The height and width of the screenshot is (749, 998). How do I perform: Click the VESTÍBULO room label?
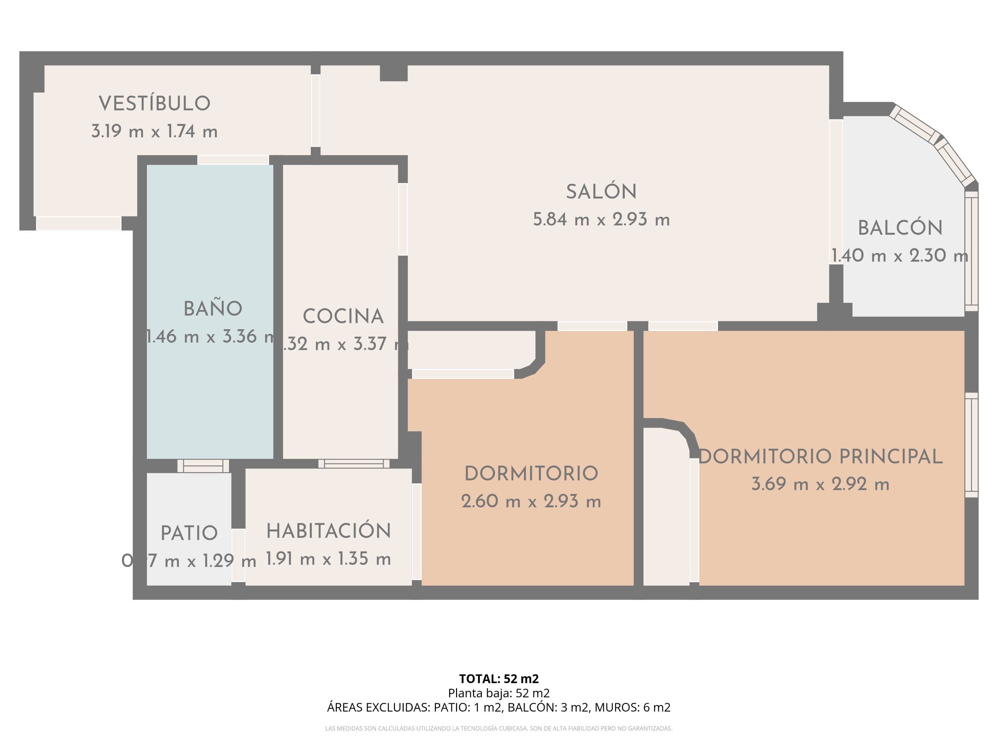point(154,103)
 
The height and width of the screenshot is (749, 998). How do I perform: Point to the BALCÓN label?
point(900,228)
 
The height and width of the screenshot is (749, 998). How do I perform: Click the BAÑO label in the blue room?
point(212,309)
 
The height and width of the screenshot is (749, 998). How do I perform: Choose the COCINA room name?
point(343,317)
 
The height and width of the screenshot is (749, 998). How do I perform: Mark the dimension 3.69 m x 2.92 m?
point(820,484)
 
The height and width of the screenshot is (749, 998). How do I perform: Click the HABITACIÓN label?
point(329,531)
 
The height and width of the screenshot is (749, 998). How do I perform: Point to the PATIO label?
point(189,533)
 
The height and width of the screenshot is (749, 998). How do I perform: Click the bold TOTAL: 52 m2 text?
point(499,679)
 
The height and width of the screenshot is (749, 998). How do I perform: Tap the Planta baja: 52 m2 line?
point(499,693)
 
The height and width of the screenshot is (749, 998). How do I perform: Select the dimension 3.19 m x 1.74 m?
point(154,131)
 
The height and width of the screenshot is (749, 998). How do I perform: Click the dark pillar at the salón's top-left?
point(393,73)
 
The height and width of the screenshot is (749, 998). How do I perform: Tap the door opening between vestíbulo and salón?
point(315,110)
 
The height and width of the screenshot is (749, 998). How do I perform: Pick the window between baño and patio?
point(203,465)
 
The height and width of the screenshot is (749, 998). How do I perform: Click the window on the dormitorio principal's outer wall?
point(971,445)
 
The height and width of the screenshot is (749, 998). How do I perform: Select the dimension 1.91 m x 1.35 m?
point(329,559)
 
